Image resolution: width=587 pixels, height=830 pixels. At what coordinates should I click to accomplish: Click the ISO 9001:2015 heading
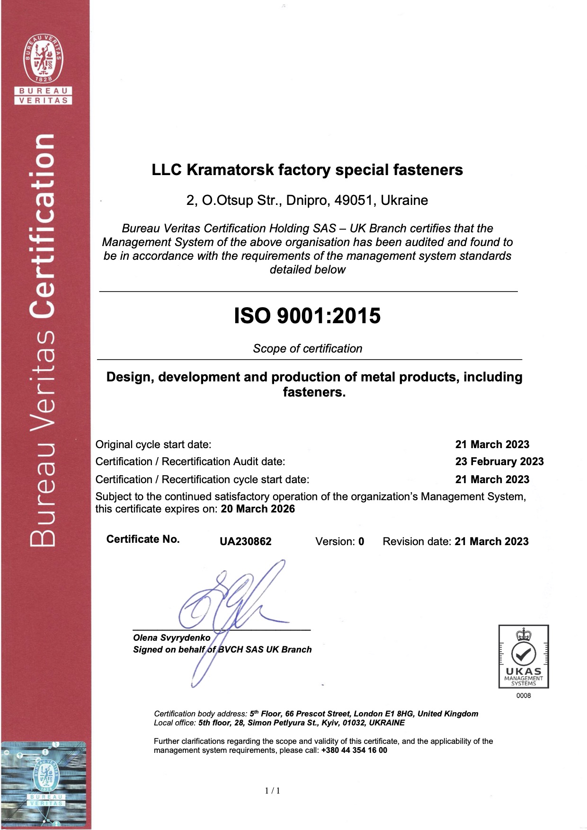[307, 316]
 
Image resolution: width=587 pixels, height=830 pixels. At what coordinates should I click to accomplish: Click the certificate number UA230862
[245, 541]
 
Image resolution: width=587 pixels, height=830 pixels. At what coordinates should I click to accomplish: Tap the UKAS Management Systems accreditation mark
[523, 657]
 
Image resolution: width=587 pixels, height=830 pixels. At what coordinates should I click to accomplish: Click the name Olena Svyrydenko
[171, 637]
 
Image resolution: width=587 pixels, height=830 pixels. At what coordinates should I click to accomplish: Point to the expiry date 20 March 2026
[258, 509]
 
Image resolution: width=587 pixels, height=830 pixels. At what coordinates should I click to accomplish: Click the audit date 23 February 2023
[499, 461]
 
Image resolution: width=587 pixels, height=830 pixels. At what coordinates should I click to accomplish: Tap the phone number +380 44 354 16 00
[354, 750]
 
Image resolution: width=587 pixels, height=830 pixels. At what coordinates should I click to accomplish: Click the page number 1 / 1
[273, 790]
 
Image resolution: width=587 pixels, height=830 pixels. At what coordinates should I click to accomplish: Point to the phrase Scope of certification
[307, 349]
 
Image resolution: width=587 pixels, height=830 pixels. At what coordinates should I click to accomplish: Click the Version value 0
[361, 541]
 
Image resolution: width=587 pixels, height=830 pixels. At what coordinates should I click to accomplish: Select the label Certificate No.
[143, 539]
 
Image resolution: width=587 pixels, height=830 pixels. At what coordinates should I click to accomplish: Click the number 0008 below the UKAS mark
[524, 696]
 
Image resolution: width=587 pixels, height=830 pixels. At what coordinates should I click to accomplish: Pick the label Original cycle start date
[153, 444]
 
